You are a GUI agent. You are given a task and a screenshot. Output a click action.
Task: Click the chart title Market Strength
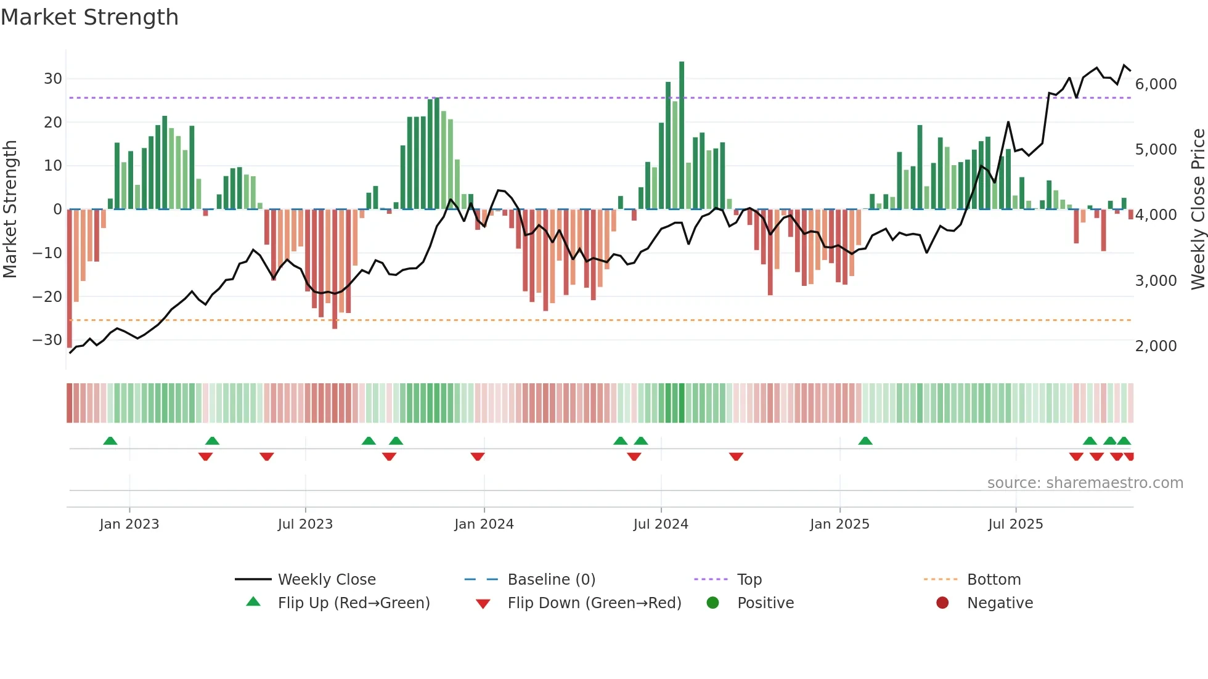coord(89,17)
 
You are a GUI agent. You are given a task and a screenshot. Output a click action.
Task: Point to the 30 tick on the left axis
coord(52,79)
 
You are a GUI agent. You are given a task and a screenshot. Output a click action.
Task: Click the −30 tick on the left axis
coord(47,340)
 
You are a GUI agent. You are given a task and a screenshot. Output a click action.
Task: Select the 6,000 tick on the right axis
coord(1156,84)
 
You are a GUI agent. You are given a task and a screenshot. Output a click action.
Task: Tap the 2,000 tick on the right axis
coord(1156,346)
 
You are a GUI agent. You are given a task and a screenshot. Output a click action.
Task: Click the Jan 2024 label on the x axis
coord(484,524)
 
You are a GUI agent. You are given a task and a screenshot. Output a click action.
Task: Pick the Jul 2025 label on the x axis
coord(1015,524)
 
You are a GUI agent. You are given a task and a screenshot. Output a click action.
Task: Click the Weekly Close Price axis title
coord(1198,209)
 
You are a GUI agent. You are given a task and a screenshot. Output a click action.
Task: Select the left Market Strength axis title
coord(10,209)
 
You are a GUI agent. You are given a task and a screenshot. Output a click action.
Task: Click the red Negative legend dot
coord(942,603)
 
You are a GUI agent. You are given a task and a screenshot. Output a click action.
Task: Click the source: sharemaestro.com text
coord(1085,483)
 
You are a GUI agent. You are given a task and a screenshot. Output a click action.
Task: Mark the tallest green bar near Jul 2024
coord(682,136)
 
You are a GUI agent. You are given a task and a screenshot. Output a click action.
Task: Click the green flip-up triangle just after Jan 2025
coord(865,441)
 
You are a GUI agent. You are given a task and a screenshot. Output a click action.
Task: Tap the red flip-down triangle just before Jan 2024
coord(478,457)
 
